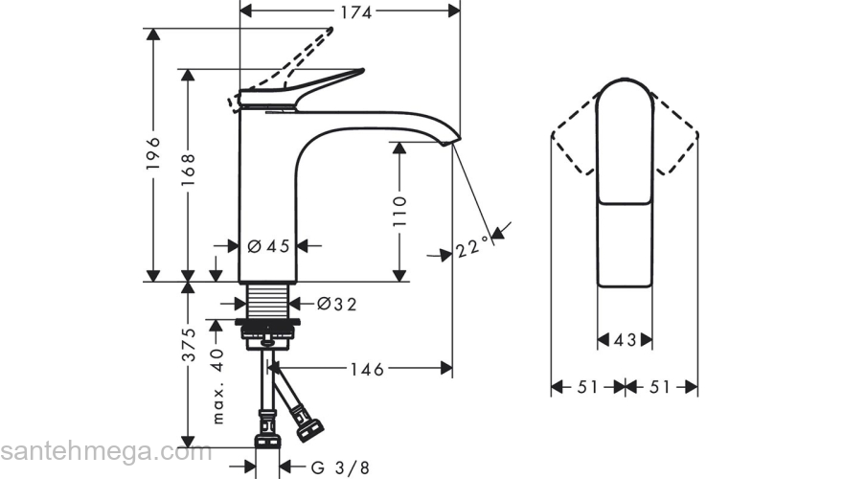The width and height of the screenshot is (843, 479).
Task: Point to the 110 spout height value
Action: pos(400,212)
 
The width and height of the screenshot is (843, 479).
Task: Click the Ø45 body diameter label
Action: pos(268,246)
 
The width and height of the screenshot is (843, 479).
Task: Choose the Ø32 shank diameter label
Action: pos(336,304)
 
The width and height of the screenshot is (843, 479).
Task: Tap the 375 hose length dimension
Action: pos(190,345)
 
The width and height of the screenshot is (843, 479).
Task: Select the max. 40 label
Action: pos(218,386)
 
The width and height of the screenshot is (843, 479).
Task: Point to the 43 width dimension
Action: pos(625,339)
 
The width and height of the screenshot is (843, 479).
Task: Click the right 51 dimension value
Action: pos(661,387)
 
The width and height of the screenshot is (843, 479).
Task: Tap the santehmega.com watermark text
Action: pos(105,451)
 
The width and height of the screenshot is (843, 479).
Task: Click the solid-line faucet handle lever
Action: pos(307,85)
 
